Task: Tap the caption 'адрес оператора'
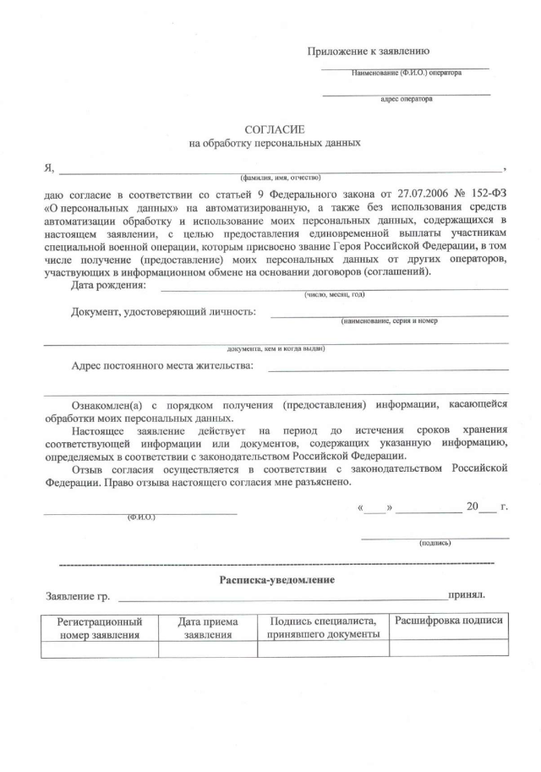[x=406, y=99]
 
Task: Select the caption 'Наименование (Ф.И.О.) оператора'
[x=407, y=73]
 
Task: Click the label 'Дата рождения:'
[x=108, y=285]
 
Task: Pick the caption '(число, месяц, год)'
[x=335, y=294]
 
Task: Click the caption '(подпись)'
[x=435, y=543]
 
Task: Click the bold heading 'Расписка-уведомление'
[x=277, y=579]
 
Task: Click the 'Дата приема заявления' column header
[x=207, y=627]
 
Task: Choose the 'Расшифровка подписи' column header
[x=449, y=621]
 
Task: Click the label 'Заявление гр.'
[x=78, y=596]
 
